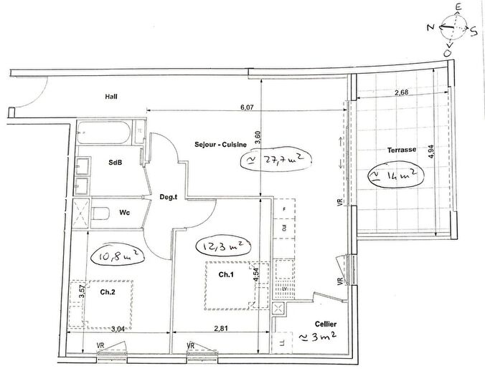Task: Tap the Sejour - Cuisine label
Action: click(x=221, y=144)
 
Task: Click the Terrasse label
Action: click(x=402, y=150)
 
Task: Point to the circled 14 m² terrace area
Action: click(x=393, y=175)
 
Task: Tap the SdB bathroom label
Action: click(x=115, y=163)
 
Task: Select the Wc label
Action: click(x=124, y=212)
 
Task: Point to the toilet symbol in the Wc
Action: click(x=103, y=212)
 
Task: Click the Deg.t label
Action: click(x=168, y=197)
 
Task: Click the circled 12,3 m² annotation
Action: click(x=223, y=246)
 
